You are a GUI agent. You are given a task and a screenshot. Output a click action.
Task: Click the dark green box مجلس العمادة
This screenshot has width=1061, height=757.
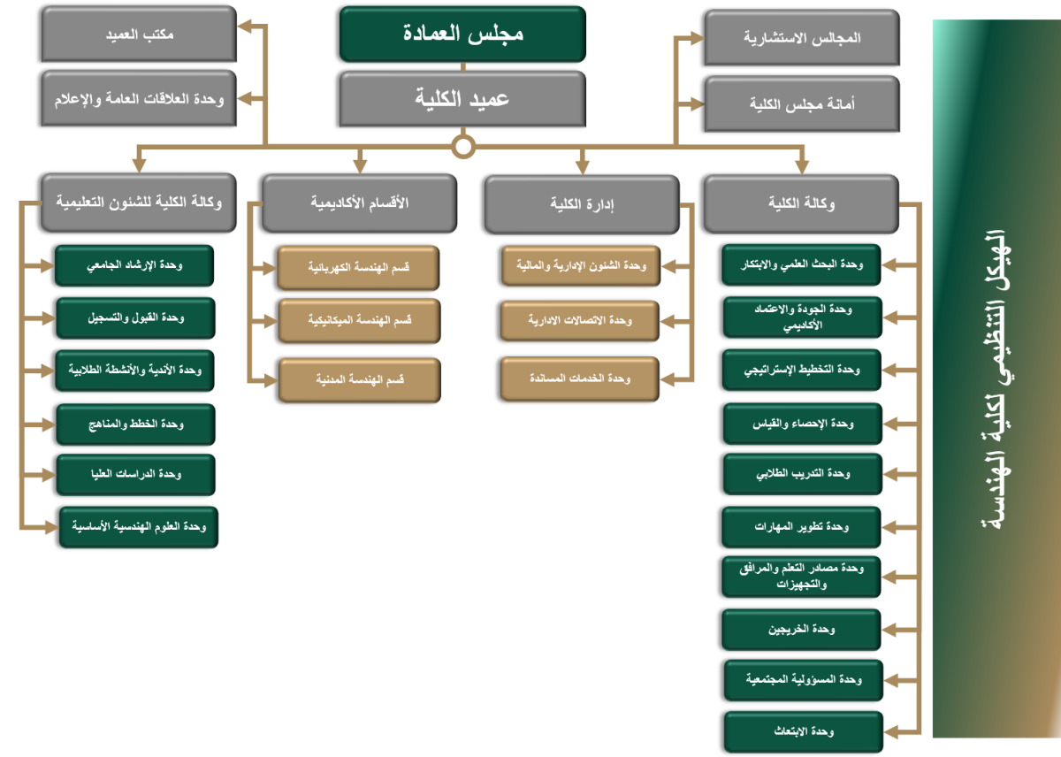coord(462,34)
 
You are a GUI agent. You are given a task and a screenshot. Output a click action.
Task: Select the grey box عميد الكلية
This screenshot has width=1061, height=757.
coord(462,99)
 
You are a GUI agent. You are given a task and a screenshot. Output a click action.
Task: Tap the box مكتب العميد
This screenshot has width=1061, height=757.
coord(139,34)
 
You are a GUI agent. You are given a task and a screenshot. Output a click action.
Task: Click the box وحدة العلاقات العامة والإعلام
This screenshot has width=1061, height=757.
coord(139,98)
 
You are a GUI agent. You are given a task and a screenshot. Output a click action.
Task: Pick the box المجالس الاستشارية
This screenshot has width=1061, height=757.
coord(802,37)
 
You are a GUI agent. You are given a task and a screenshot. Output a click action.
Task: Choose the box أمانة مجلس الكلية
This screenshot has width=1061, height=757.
coord(802,103)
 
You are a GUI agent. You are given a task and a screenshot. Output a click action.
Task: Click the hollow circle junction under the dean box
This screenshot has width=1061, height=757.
coord(463,147)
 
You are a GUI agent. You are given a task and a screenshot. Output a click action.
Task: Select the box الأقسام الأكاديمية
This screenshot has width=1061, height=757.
coord(360,203)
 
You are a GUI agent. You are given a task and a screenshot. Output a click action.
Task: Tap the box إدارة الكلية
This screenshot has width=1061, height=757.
coord(582,204)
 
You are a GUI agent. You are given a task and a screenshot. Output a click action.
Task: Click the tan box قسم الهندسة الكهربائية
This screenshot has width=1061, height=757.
coord(359,268)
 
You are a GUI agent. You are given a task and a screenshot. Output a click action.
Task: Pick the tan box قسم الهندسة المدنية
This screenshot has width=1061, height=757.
coord(360,380)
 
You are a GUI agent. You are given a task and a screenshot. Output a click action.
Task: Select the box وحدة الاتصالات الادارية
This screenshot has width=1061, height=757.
coord(580,321)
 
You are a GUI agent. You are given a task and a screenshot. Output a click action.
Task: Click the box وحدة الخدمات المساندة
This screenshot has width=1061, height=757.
coord(580,379)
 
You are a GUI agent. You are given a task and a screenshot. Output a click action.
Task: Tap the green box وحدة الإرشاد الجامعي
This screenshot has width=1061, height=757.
coord(134,265)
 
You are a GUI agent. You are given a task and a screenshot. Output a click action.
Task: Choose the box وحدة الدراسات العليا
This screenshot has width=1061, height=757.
coord(136,475)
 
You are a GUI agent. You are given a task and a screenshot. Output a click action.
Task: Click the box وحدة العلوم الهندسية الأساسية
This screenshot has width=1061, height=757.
coord(139,527)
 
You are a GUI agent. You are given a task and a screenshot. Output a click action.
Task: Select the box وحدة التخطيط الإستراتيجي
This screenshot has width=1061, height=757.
coord(801,370)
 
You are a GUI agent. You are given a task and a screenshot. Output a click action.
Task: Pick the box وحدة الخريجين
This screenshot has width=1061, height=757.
coord(801,630)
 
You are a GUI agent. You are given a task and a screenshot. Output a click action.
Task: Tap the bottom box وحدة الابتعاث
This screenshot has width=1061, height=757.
coord(804,732)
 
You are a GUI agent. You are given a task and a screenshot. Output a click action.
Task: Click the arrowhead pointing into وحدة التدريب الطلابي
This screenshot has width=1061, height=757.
coord(890,474)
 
